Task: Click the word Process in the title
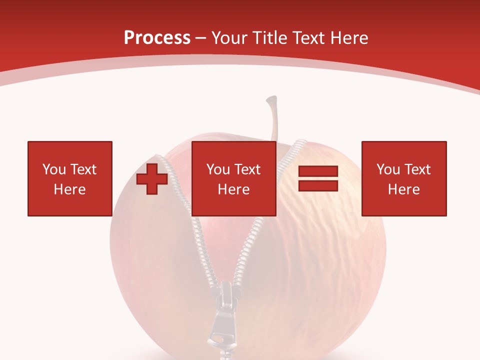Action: tap(157, 38)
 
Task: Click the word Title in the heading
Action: tap(269, 38)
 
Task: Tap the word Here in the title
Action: tap(347, 38)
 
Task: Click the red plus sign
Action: tap(152, 179)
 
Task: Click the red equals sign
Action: tap(318, 178)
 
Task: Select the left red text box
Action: tap(69, 178)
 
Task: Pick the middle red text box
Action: tap(233, 178)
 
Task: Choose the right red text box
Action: tap(403, 178)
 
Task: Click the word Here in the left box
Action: tap(69, 189)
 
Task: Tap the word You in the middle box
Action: tap(218, 169)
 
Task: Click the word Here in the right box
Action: tap(403, 189)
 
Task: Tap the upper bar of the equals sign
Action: tap(318, 171)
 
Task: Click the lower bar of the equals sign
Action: tap(318, 186)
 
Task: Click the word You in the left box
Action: tap(54, 169)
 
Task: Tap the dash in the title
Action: tap(201, 38)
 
